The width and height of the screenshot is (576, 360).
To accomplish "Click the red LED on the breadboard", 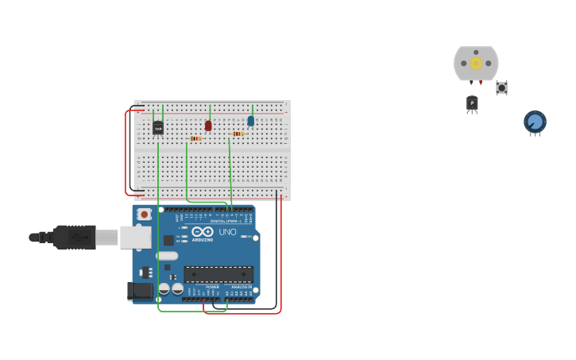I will (208, 126).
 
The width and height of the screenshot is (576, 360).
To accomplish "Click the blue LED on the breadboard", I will (251, 121).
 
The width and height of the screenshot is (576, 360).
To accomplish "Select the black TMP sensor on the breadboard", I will (157, 127).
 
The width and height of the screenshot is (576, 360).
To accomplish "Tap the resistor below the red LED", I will (195, 139).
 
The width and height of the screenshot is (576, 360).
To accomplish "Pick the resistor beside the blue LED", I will (238, 134).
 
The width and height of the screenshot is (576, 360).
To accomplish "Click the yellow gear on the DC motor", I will (476, 64).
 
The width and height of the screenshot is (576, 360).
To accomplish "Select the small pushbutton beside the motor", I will (501, 87).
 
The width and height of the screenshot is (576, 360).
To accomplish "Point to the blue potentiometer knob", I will (535, 122).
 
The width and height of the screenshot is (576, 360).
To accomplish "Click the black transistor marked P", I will (472, 103).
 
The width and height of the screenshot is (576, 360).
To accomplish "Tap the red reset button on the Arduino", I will (144, 214).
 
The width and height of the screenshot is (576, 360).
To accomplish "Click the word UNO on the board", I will (227, 232).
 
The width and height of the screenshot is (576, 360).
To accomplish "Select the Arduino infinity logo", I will (202, 231).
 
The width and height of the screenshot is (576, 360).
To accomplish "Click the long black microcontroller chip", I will (218, 274).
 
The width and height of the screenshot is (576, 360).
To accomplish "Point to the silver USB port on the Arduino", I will (135, 237).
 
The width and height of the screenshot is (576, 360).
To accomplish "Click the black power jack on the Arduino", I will (141, 291).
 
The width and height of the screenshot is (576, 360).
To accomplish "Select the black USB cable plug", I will (75, 237).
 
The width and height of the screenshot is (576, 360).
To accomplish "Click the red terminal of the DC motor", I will (481, 83).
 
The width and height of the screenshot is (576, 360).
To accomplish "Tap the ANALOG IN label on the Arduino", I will (241, 287).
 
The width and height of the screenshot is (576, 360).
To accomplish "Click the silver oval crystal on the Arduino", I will (168, 256).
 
